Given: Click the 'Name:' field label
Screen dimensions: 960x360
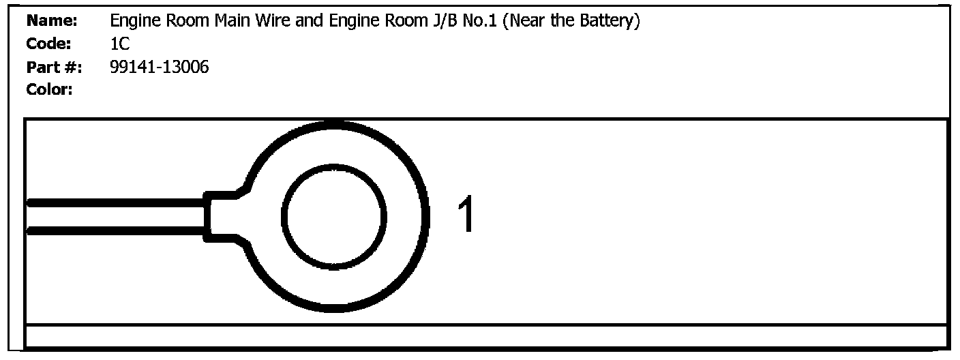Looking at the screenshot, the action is click(x=52, y=22).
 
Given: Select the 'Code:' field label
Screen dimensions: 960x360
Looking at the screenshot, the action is click(x=49, y=44).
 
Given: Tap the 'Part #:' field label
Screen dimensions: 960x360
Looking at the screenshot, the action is click(x=54, y=67).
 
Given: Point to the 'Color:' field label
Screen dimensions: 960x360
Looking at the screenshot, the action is click(x=49, y=89).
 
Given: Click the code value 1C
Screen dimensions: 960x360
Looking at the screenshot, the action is click(x=119, y=44).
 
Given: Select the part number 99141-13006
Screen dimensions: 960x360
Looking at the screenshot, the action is click(x=159, y=67).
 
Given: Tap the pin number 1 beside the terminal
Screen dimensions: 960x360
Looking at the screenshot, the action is click(x=466, y=215).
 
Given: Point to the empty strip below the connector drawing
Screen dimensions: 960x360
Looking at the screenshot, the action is click(x=485, y=336).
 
